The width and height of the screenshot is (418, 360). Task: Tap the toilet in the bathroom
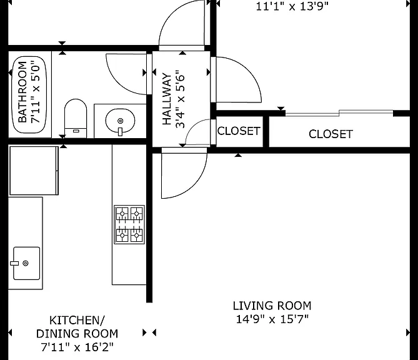click(x=76, y=118)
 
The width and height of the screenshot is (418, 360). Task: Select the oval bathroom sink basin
click(x=120, y=120)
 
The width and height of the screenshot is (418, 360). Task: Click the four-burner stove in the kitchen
click(x=129, y=224)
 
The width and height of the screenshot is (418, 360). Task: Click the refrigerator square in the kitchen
click(x=34, y=171)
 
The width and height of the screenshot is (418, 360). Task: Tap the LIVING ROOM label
click(x=272, y=306)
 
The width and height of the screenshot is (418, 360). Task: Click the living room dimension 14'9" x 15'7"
click(x=272, y=319)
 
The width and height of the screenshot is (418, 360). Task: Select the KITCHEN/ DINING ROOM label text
click(x=77, y=327)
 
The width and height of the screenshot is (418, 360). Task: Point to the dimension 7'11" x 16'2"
click(x=77, y=347)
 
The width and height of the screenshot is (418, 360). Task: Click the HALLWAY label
click(x=167, y=99)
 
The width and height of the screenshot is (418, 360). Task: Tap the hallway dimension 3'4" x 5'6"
click(x=180, y=99)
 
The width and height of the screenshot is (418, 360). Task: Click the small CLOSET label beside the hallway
click(x=239, y=131)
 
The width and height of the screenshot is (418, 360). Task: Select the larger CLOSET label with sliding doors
click(x=331, y=134)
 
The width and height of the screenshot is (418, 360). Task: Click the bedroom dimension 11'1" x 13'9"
click(x=292, y=6)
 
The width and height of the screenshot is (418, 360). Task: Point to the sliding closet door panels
click(x=339, y=113)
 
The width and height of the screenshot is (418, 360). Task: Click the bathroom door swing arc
click(x=121, y=83)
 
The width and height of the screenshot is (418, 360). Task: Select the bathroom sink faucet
click(x=120, y=132)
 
